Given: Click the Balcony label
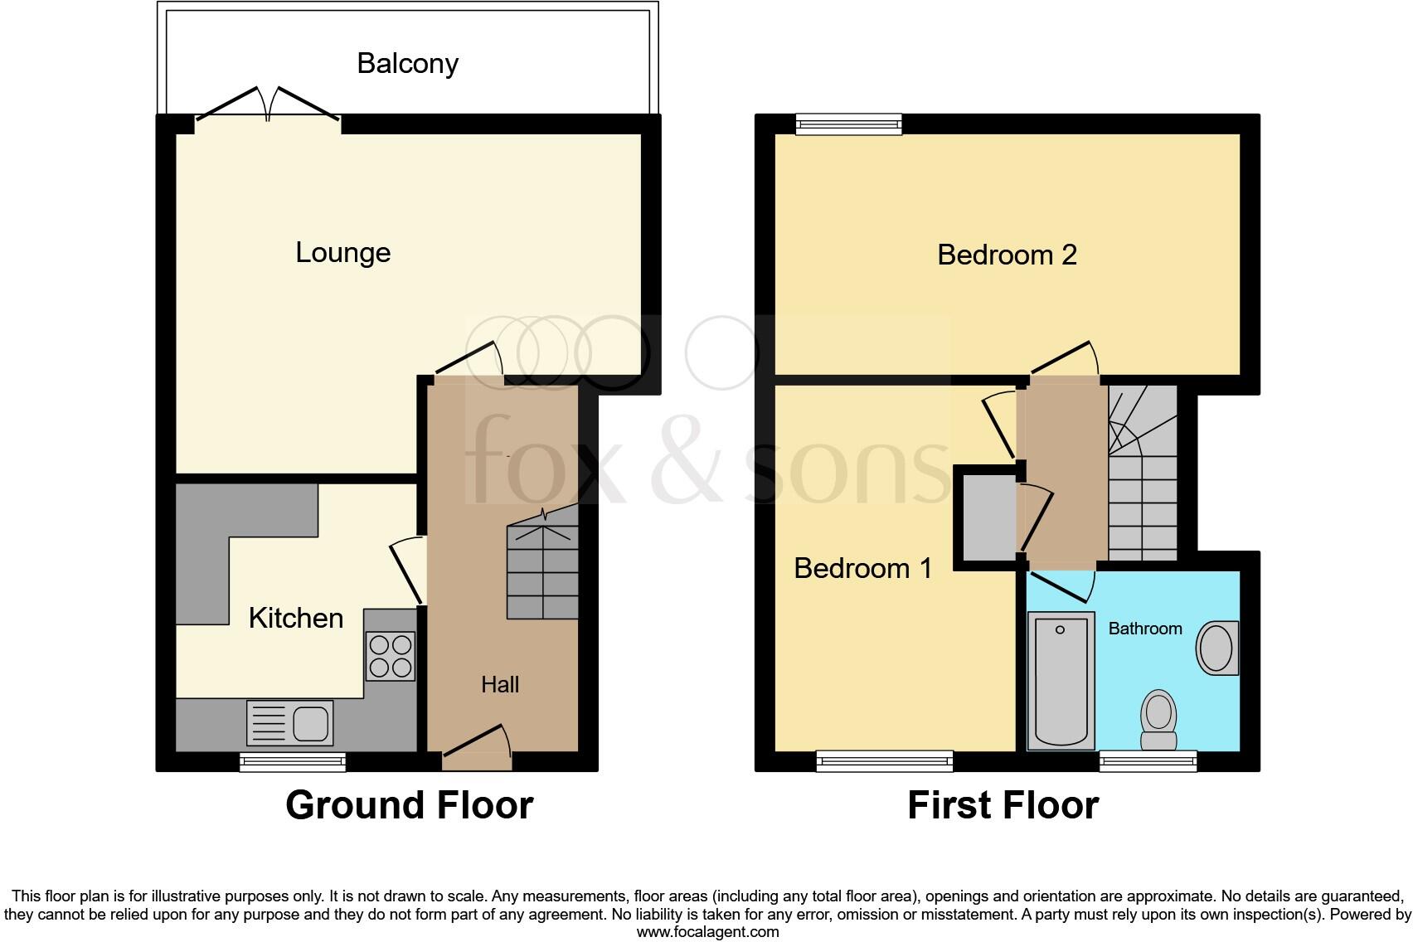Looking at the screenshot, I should click(x=407, y=64).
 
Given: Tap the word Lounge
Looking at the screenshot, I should click(x=342, y=252).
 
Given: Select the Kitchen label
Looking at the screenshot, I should click(x=295, y=618).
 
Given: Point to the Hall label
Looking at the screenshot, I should click(x=500, y=684).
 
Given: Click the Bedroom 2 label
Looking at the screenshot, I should click(x=1007, y=255).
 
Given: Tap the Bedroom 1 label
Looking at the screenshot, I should click(x=862, y=568).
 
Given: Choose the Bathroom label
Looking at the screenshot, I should click(x=1144, y=629).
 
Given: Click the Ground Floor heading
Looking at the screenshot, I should click(x=409, y=805).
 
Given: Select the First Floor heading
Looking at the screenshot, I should click(x=1003, y=805).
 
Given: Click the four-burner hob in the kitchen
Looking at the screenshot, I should click(x=390, y=656).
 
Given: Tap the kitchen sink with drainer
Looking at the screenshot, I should click(x=289, y=722).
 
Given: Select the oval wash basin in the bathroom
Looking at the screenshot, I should click(x=1216, y=648).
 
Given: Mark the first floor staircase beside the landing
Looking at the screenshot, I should click(x=1143, y=481).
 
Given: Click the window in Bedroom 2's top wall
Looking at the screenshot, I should click(x=848, y=125).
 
